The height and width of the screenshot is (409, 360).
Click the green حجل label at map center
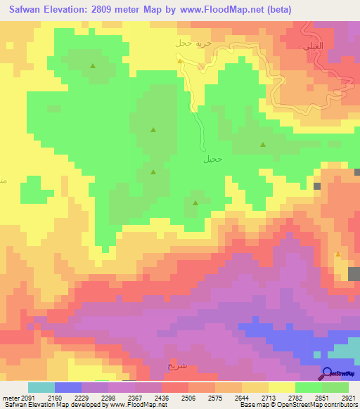pos(213,159)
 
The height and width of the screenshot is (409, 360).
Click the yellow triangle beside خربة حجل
pos(181,60)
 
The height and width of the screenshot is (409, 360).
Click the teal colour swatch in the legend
pos(41,387)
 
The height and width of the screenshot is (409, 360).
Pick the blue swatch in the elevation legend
pos(68,387)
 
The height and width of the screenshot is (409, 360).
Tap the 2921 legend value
pos(348,397)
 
